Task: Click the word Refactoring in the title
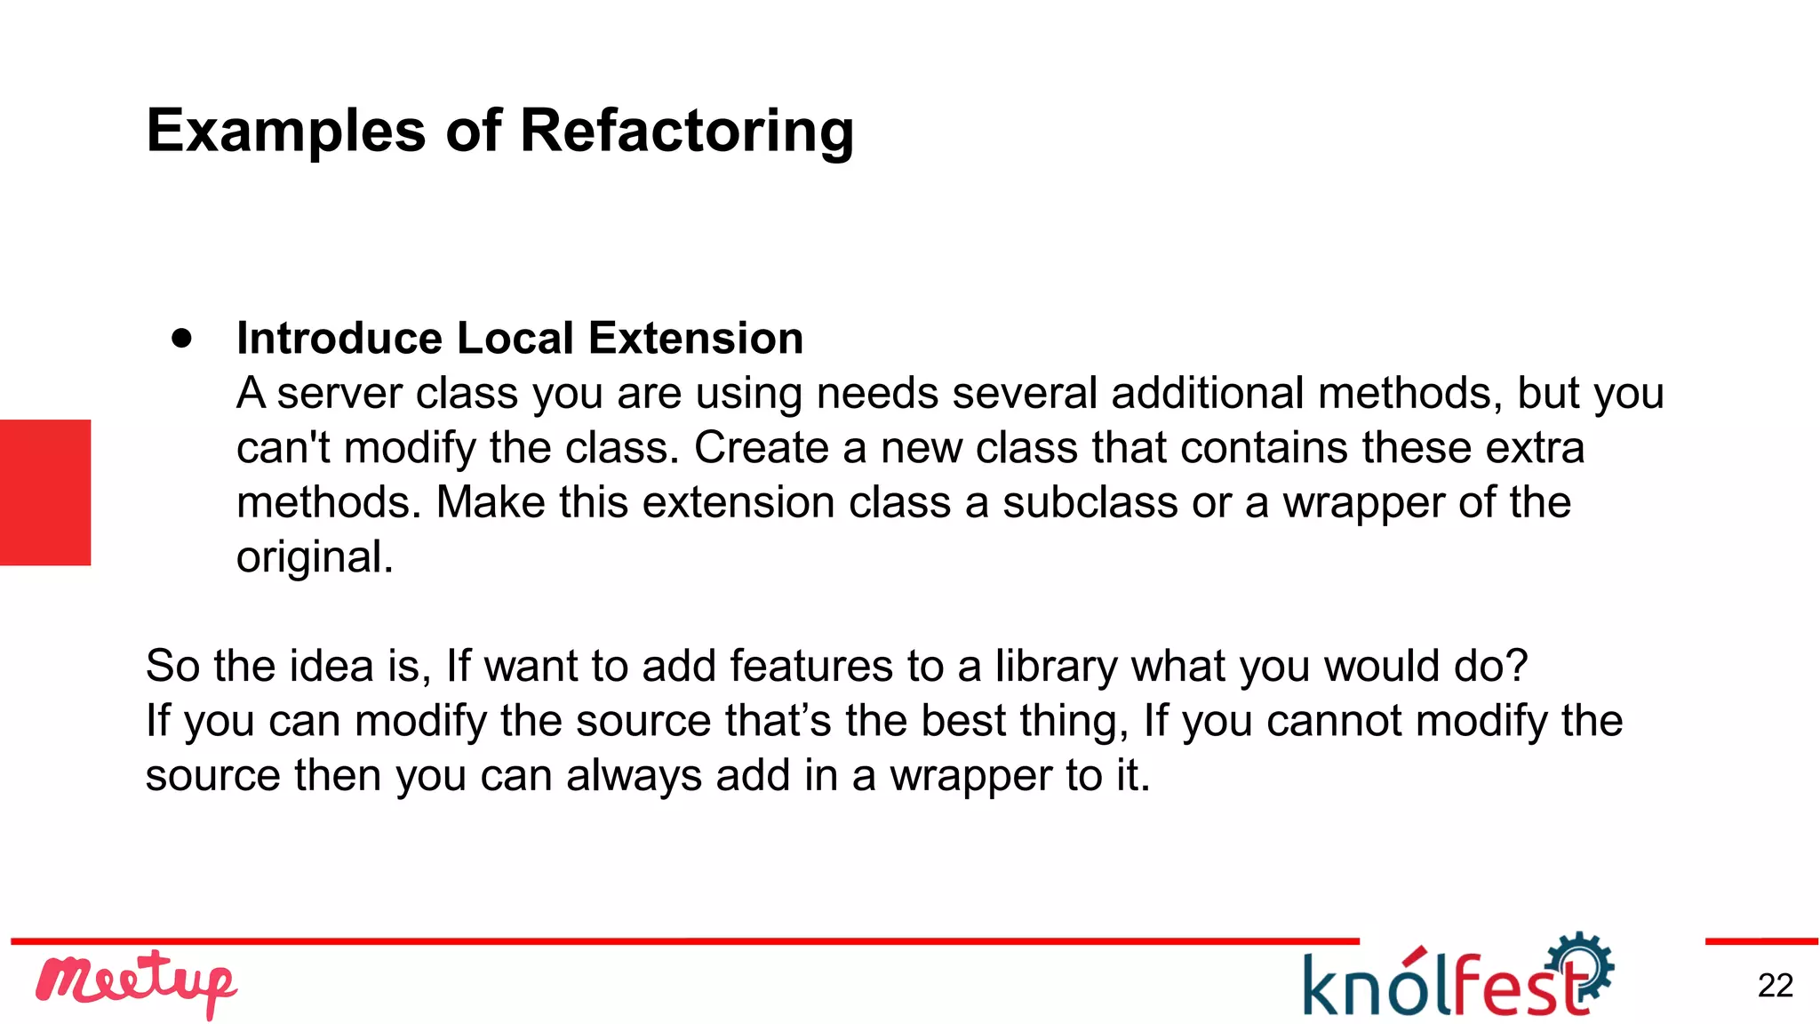686,132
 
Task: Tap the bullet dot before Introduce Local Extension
182,338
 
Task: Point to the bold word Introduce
339,339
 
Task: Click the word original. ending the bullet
315,557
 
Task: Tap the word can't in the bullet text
283,448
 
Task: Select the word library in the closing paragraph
1056,666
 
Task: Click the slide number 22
1775,986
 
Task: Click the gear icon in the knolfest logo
1582,964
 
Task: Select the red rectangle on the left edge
45,492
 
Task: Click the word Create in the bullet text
761,448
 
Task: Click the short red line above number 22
1760,941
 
